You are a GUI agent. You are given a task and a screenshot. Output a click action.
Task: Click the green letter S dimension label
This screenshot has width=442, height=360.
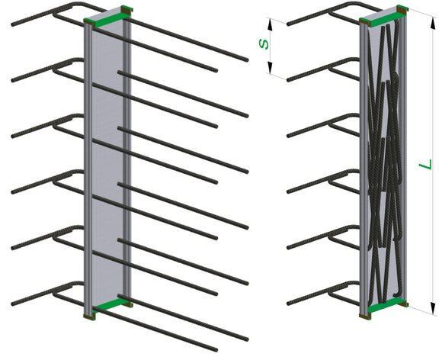tap(264, 44)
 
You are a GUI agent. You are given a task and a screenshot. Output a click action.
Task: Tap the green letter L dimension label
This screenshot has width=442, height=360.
tap(426, 165)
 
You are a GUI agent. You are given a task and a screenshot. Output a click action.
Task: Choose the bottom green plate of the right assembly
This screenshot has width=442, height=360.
tap(386, 305)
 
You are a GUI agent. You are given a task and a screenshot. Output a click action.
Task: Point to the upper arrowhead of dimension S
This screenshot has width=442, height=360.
tap(270, 24)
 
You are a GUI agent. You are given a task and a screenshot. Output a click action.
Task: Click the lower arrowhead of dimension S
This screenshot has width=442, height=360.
tap(270, 68)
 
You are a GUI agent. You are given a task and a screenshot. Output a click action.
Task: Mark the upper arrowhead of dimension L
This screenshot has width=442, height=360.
tap(433, 22)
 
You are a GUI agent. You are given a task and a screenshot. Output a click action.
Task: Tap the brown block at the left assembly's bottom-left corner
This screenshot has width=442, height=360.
tap(89, 317)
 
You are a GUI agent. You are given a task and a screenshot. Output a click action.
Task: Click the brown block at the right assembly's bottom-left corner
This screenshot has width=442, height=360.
tap(365, 316)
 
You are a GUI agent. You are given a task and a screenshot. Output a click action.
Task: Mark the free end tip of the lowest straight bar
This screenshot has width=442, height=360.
tap(216, 350)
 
